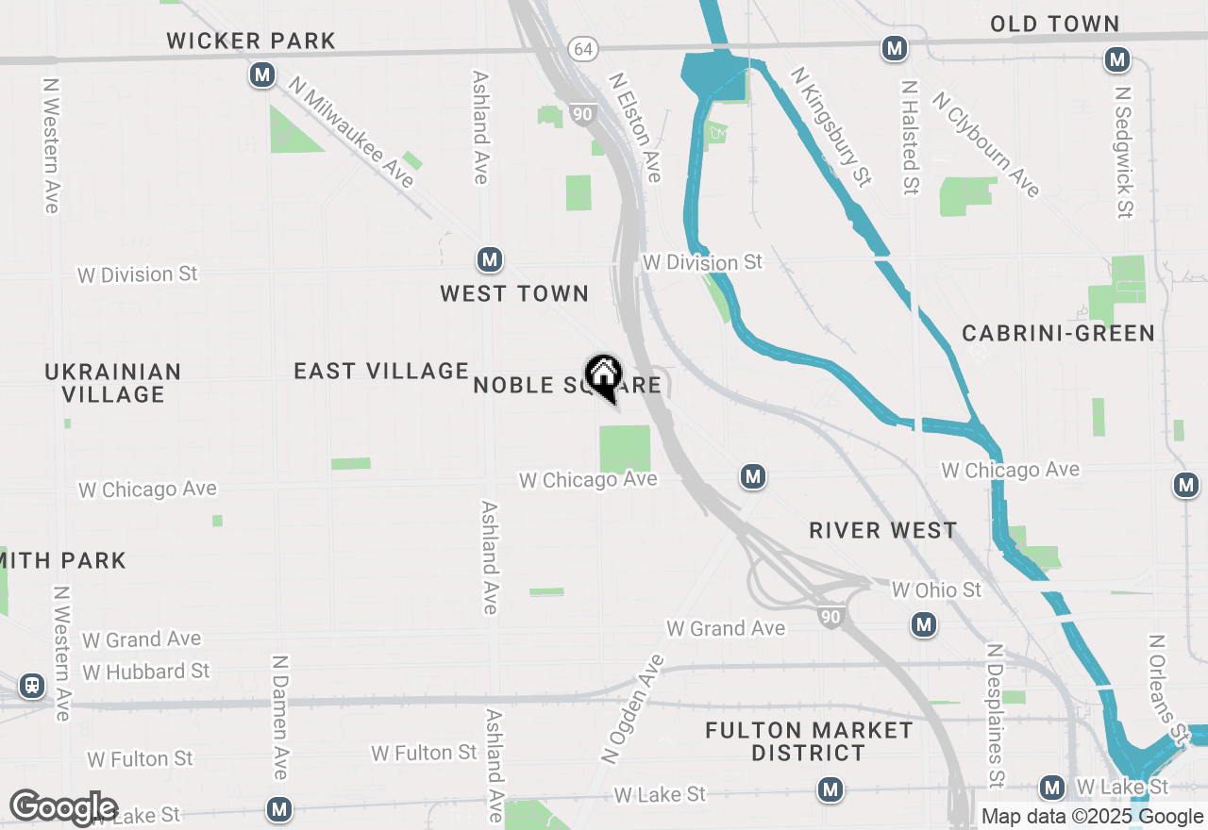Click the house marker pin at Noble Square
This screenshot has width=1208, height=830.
point(603,376)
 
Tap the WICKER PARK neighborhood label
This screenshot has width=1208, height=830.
point(251,41)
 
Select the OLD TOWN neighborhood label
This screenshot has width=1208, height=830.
point(1054,25)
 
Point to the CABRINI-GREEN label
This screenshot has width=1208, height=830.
point(1058,333)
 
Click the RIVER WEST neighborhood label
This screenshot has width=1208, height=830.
point(883,530)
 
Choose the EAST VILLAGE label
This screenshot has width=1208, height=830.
point(381,371)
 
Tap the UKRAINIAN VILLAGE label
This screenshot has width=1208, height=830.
point(113,383)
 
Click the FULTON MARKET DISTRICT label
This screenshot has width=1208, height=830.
point(810,741)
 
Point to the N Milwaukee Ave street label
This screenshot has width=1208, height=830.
point(353,133)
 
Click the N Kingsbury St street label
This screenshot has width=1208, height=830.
point(830,126)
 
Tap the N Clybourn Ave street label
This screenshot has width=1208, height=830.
point(986,144)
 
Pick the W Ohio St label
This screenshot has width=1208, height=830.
point(936,589)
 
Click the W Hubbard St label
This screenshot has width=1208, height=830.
point(146,672)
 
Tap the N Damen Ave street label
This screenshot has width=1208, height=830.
point(279,718)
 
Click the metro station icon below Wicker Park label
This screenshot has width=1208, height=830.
point(262,75)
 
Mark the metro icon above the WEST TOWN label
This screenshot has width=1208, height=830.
point(488,259)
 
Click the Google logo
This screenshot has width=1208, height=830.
point(63,808)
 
